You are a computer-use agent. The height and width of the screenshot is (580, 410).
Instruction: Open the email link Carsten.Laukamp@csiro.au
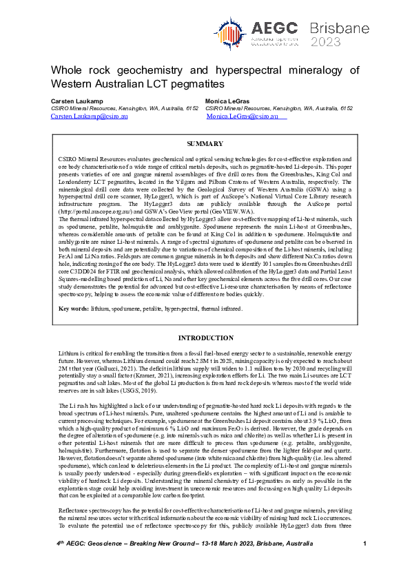click(89, 117)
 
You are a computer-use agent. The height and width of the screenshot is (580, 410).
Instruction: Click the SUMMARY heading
click(205, 144)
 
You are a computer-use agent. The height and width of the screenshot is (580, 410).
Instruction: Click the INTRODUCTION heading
click(205, 338)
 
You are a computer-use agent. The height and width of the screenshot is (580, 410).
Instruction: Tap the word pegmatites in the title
click(194, 84)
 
